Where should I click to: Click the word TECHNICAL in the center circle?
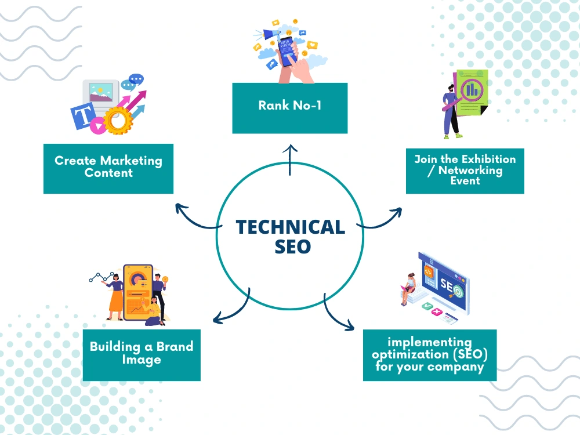tap(291, 227)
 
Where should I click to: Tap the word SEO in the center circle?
tap(292, 246)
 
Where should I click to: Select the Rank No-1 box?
tap(289, 108)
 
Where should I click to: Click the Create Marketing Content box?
tap(108, 169)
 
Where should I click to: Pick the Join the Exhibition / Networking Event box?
tap(465, 171)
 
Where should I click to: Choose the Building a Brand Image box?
tap(142, 355)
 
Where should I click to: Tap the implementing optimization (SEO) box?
tap(430, 355)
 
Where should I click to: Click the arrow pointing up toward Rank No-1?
tap(290, 160)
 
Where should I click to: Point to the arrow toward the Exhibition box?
tap(381, 221)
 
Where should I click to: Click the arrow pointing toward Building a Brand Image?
tap(234, 310)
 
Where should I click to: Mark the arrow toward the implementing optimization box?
tap(335, 314)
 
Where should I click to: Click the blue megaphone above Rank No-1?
tap(271, 35)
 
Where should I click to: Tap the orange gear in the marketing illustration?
tap(118, 120)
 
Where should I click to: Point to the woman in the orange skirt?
tap(115, 296)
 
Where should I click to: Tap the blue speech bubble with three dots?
tap(136, 79)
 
